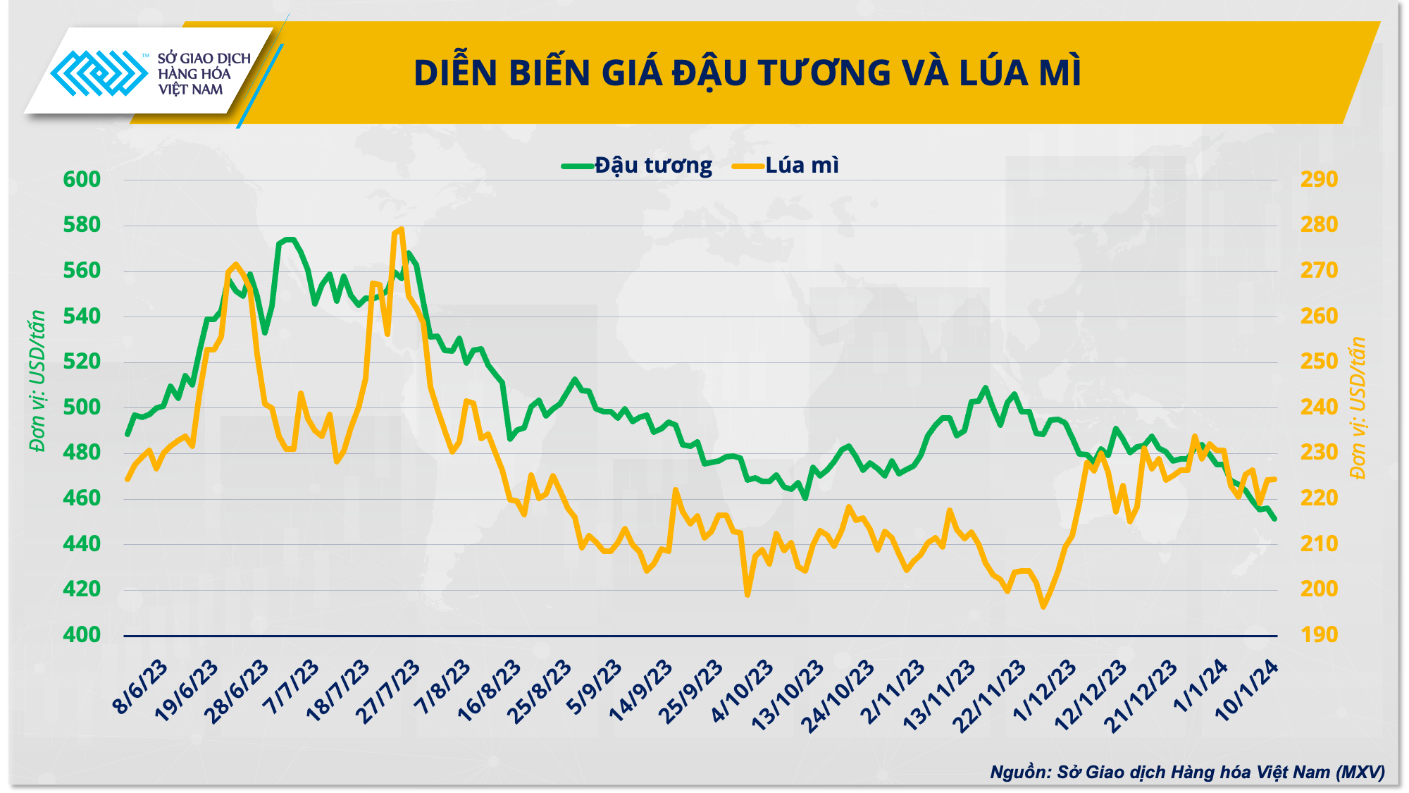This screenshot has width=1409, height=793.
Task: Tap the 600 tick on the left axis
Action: [82, 179]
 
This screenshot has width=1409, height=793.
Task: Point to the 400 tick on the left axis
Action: [82, 634]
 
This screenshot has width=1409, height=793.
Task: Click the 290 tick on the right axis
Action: [1319, 179]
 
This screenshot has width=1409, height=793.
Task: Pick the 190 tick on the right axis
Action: [1319, 634]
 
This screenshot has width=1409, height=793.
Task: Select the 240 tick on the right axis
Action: [1319, 407]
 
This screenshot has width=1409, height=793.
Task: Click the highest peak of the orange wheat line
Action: [401, 229]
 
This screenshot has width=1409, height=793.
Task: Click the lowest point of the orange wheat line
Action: [1043, 606]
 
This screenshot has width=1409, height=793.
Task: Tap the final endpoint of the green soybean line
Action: [1274, 519]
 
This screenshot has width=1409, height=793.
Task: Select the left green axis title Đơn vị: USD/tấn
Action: [37, 381]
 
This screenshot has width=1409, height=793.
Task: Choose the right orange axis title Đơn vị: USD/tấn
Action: [1358, 407]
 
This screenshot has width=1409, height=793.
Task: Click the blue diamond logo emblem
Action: [99, 73]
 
